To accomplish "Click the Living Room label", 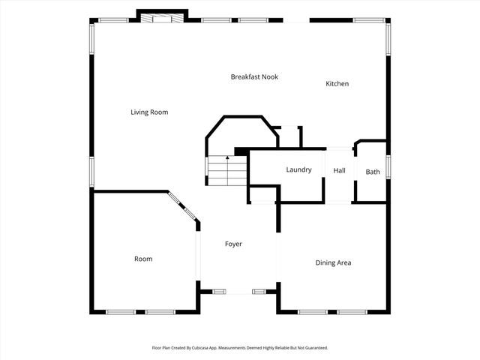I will [x=149, y=112].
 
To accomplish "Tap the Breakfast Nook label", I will [x=254, y=76].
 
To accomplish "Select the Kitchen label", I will [x=337, y=84].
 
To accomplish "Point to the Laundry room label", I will [x=298, y=170].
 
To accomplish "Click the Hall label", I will [x=339, y=171].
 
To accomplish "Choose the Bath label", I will [x=373, y=172].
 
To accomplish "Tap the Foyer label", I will [x=233, y=244].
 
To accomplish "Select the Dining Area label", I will [x=333, y=263].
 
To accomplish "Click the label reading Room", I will [x=143, y=259].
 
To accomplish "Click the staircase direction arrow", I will [x=227, y=159].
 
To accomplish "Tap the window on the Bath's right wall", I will [x=388, y=166].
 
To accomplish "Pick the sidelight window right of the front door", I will [x=259, y=290].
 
